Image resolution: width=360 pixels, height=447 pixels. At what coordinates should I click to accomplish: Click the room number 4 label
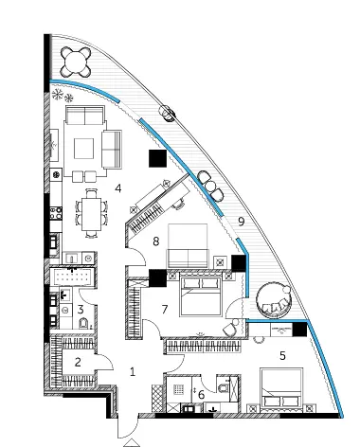click(118, 188)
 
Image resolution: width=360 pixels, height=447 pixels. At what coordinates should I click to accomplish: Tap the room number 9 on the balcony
click(242, 222)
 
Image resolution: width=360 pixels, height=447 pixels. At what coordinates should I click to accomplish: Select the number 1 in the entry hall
click(133, 371)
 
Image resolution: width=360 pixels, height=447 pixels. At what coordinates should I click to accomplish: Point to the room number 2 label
click(78, 362)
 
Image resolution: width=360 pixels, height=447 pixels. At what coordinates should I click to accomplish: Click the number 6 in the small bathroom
click(201, 395)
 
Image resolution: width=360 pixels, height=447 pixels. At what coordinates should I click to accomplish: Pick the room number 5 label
click(282, 356)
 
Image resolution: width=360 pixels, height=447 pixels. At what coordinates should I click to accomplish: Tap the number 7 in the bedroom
click(165, 310)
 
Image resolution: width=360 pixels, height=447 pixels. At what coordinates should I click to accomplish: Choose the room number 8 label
click(155, 241)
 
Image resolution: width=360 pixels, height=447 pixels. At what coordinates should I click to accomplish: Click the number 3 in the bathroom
click(81, 310)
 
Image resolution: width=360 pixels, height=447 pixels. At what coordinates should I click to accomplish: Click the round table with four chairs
click(76, 62)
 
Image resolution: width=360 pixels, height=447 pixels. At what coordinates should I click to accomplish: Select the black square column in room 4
click(157, 158)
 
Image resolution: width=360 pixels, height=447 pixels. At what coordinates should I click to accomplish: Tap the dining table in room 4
click(92, 214)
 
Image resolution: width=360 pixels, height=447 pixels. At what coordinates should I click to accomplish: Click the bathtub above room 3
click(73, 277)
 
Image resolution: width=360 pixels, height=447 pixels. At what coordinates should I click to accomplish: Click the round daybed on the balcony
click(273, 300)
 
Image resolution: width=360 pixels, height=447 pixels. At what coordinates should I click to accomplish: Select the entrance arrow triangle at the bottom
click(133, 443)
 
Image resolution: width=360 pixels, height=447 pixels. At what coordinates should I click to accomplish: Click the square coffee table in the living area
click(83, 149)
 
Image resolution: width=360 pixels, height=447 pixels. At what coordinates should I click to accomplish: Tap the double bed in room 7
click(200, 295)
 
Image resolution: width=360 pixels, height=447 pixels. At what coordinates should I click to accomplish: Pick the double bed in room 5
click(281, 389)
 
